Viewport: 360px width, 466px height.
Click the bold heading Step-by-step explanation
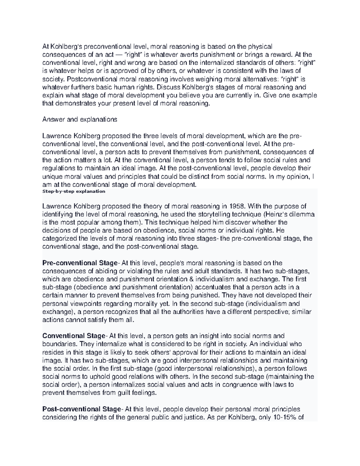[x=74, y=191]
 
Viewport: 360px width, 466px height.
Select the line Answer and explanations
[x=80, y=119]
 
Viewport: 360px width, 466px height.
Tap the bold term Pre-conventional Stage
[x=80, y=263]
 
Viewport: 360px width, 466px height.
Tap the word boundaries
[x=59, y=344]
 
